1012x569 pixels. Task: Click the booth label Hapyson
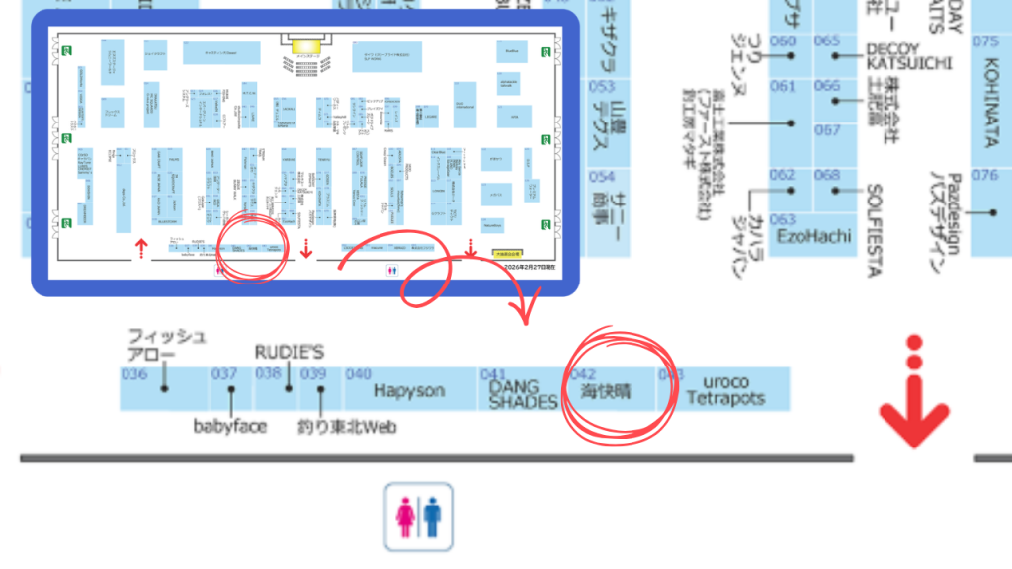409,391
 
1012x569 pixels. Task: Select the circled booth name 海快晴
606,391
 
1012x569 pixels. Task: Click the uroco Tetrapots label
731,391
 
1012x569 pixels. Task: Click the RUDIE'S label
289,352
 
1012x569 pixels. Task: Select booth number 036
133,374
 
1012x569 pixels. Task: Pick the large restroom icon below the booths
418,516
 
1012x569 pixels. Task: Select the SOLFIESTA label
875,229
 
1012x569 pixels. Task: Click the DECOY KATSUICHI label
907,56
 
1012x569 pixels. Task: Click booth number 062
783,175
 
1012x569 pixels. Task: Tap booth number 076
985,175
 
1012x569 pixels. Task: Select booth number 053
602,86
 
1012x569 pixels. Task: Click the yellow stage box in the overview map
307,44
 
